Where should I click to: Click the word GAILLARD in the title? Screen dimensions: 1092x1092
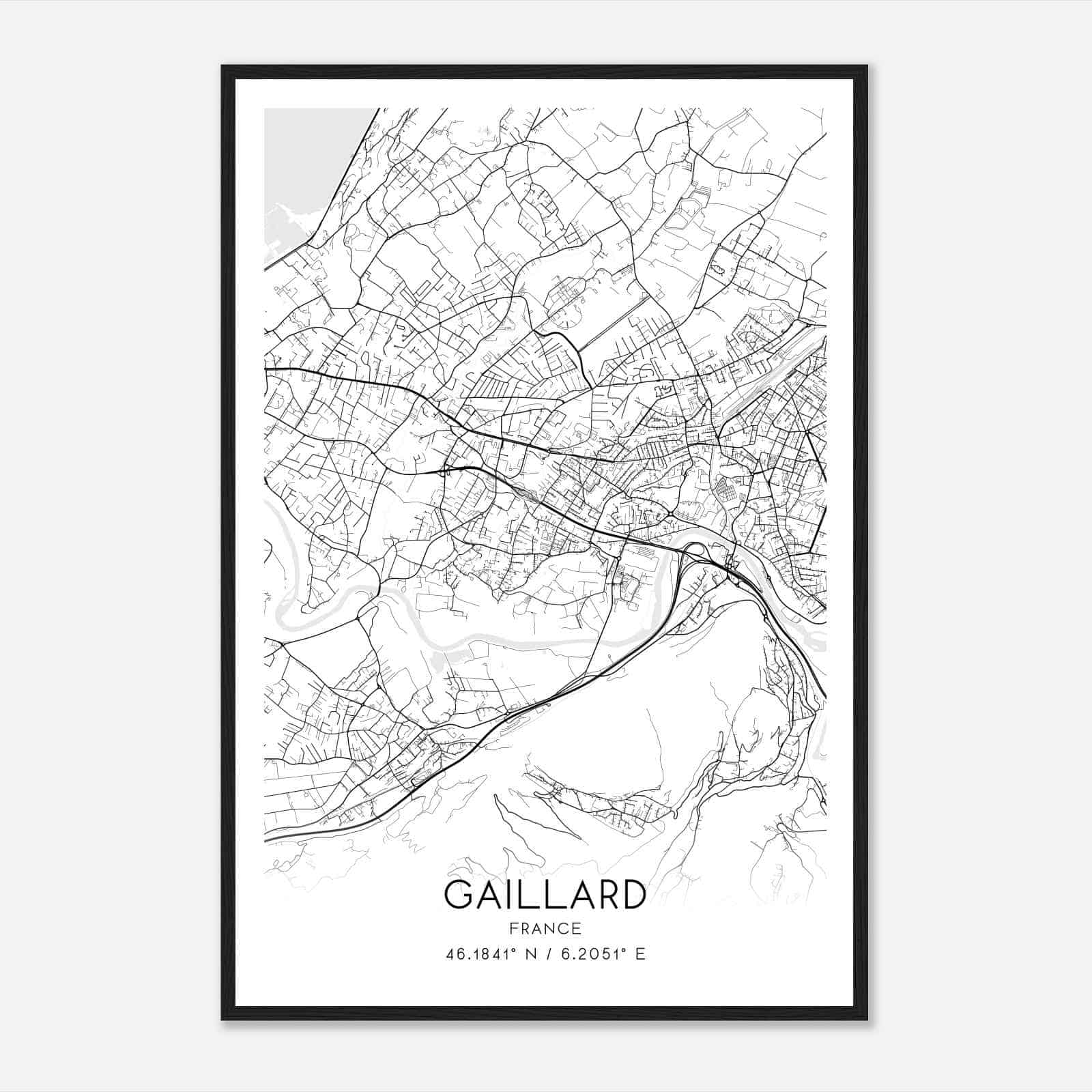click(x=545, y=895)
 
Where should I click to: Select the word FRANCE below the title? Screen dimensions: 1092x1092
click(x=545, y=928)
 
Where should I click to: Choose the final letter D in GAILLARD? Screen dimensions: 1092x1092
click(x=632, y=895)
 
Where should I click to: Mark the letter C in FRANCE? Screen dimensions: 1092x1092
click(x=564, y=928)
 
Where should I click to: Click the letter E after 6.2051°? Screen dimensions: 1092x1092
click(x=640, y=954)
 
